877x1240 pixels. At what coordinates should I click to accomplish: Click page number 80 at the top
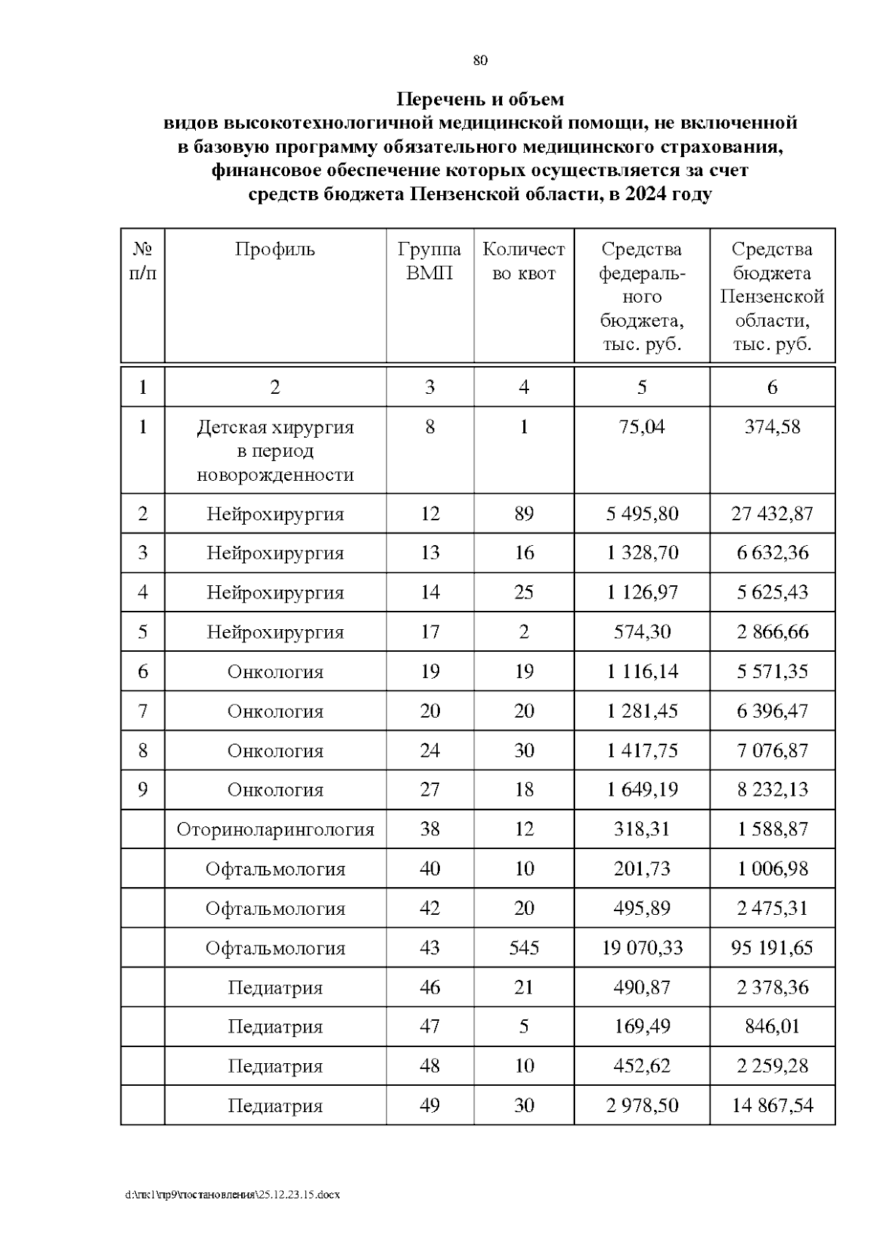480,61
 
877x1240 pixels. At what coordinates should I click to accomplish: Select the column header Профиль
275,250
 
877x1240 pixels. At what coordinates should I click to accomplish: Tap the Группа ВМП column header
429,261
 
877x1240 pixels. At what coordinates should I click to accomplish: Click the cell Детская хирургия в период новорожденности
275,451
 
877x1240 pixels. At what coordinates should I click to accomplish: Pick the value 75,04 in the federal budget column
642,427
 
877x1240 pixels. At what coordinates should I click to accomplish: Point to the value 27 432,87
772,514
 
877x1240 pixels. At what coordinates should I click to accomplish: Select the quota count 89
523,514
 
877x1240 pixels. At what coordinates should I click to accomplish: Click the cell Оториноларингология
275,829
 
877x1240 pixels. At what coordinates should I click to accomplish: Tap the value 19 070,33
642,948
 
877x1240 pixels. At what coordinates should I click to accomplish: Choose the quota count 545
523,948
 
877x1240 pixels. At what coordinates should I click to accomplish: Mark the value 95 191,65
772,948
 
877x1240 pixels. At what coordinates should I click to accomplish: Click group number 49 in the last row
429,1106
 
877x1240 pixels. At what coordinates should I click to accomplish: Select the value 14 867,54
772,1106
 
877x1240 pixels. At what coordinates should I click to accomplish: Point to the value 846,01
772,1027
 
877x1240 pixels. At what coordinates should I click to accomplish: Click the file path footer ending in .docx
233,1195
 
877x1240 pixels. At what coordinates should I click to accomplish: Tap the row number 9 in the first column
143,790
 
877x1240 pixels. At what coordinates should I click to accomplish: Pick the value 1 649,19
642,790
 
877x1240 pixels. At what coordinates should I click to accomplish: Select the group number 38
429,829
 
